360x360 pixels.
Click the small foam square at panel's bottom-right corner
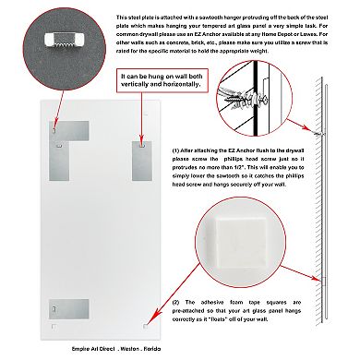pyautogui.click(x=147, y=326)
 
